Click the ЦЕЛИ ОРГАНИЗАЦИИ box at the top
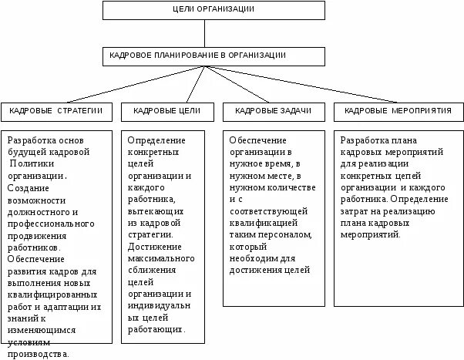click(204, 9)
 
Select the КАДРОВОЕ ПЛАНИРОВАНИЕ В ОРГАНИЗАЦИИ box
click(204, 56)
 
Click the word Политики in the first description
click(37, 164)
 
